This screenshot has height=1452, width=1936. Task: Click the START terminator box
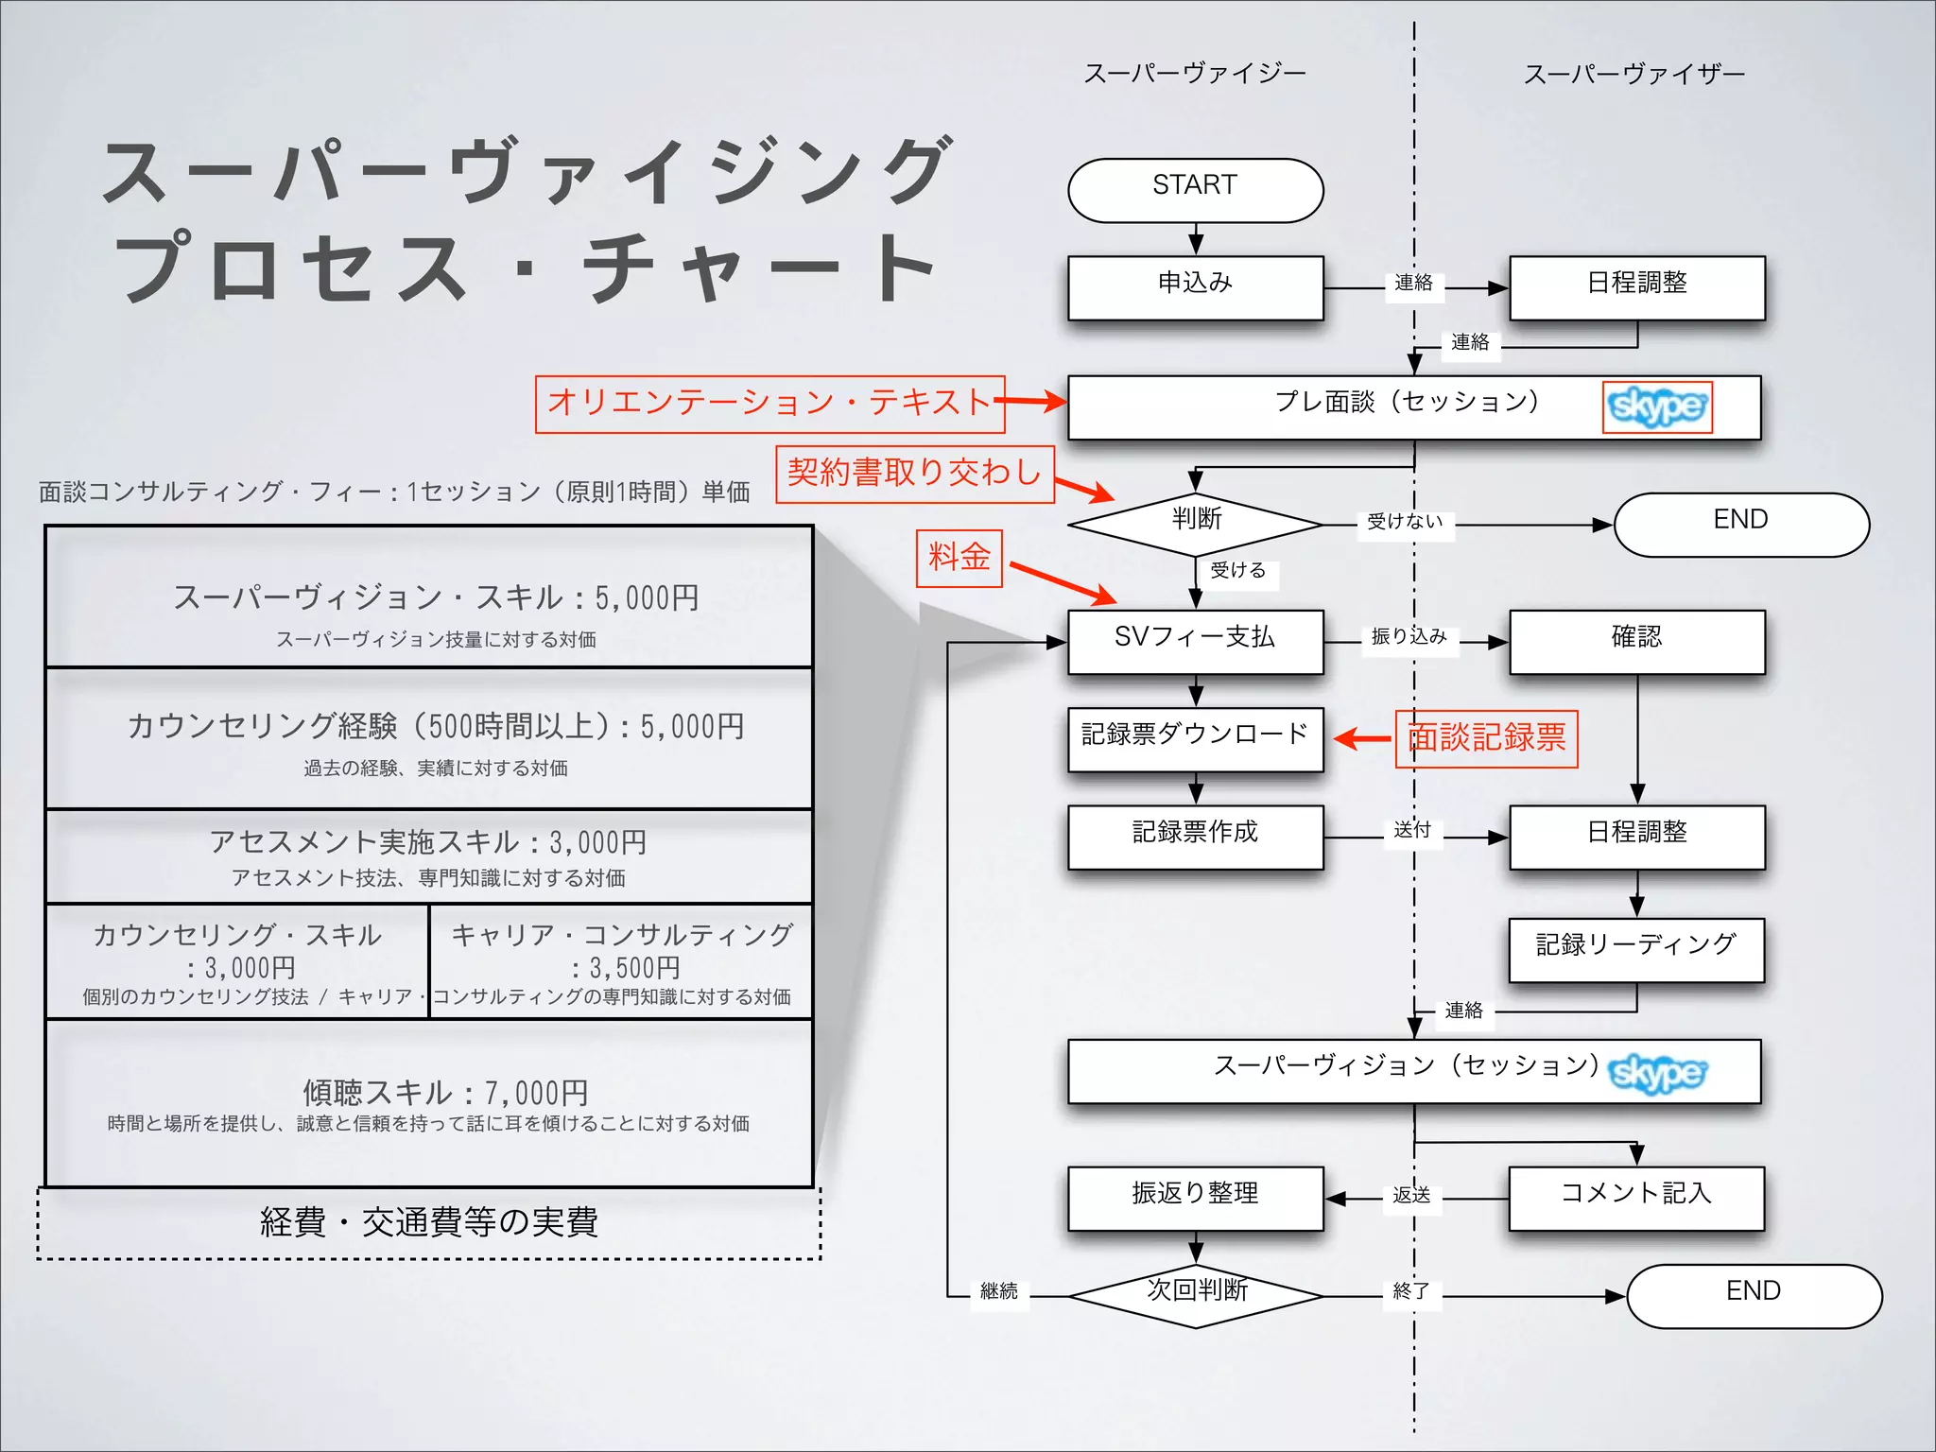[x=1195, y=190]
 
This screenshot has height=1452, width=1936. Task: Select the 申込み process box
[x=1195, y=287]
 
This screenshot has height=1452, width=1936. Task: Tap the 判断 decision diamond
[x=1195, y=524]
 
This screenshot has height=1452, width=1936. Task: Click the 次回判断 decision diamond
[x=1195, y=1295]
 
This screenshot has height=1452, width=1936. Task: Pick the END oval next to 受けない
[x=1740, y=524]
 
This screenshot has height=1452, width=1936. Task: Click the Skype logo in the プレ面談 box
[x=1656, y=407]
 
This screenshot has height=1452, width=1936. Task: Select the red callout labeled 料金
[x=959, y=558]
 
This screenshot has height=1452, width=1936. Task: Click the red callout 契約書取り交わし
[x=914, y=474]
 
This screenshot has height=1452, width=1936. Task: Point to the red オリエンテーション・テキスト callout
[x=769, y=404]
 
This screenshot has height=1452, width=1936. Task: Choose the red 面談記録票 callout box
[x=1486, y=738]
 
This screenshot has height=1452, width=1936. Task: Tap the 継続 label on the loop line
[x=998, y=1291]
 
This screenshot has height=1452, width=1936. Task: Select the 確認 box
[x=1636, y=642]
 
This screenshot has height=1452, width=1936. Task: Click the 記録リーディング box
[x=1636, y=949]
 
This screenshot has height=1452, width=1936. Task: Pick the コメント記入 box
[x=1636, y=1197]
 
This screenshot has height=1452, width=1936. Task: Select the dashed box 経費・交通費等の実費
[x=428, y=1223]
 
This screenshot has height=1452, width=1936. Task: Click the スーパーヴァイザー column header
[x=1633, y=74]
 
